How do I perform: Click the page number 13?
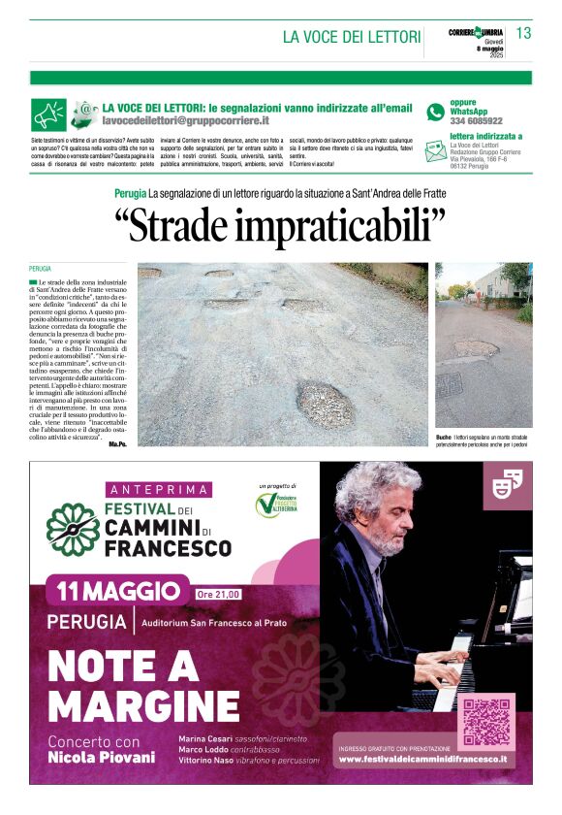(523, 33)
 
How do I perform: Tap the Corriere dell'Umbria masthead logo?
(476, 32)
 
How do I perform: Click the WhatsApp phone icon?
(435, 112)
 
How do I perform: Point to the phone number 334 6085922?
(476, 121)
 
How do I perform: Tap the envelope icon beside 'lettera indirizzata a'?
(435, 150)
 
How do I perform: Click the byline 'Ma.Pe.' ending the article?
(117, 442)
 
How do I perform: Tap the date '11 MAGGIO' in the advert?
(118, 591)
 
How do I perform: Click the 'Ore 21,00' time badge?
(218, 594)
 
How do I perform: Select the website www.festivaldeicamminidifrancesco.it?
(422, 759)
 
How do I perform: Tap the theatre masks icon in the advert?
(508, 482)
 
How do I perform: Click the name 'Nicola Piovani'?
(102, 757)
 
